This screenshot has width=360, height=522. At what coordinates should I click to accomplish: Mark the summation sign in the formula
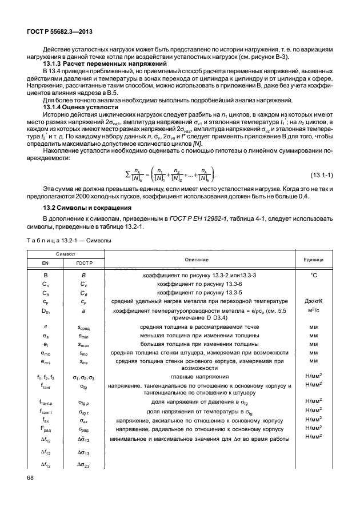(x=127, y=172)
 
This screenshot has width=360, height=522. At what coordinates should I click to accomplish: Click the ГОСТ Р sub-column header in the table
(x=83, y=263)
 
